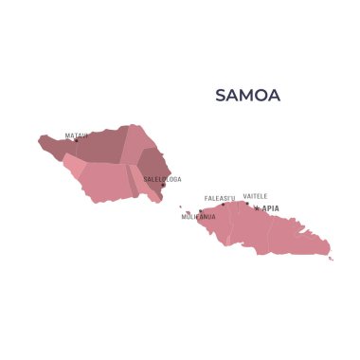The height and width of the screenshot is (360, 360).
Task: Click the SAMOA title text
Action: click(247, 96)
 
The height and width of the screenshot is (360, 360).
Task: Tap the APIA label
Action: click(270, 208)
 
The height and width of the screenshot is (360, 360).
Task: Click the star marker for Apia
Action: click(256, 208)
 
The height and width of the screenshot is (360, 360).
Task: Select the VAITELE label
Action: click(255, 197)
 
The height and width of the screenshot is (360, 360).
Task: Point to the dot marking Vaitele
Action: click(247, 203)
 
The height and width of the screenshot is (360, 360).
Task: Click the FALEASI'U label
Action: click(220, 199)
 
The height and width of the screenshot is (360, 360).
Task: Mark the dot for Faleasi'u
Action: click(224, 205)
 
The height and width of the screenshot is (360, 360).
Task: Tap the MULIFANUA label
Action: click(198, 217)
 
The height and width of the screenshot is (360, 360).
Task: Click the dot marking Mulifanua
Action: click(201, 211)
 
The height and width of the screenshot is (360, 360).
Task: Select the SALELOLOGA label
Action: click(162, 179)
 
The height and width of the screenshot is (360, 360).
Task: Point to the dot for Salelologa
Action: click(163, 185)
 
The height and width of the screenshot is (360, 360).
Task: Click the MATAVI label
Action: click(76, 135)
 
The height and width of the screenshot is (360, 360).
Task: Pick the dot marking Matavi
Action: click(77, 141)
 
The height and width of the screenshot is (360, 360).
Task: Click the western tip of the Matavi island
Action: click(40, 141)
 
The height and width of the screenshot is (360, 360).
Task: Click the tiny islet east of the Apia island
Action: click(332, 258)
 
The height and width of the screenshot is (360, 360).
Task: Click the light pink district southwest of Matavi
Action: click(74, 167)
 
